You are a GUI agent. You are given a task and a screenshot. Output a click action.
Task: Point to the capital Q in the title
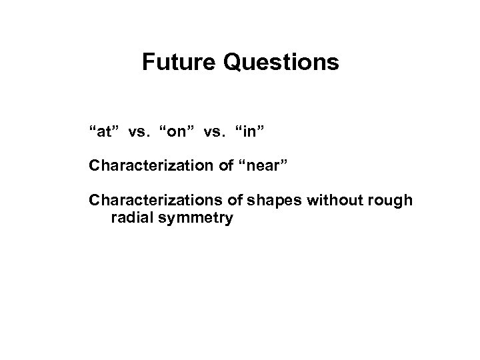[x=233, y=63]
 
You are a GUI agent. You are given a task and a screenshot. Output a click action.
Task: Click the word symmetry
[x=193, y=218]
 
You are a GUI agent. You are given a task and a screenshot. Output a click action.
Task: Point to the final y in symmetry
[x=228, y=219]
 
